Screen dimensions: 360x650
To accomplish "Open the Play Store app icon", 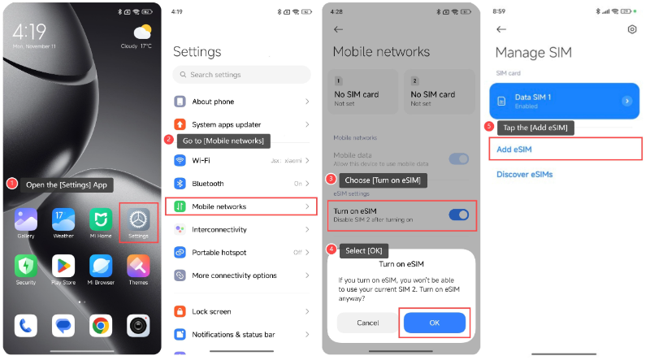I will pyautogui.click(x=63, y=266).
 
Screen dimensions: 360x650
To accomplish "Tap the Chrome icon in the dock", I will pyautogui.click(x=101, y=326).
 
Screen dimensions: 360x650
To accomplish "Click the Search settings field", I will pyautogui.click(x=241, y=75).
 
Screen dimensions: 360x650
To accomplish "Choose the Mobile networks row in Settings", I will pyautogui.click(x=241, y=206).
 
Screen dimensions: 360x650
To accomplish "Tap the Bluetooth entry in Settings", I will pyautogui.click(x=241, y=184).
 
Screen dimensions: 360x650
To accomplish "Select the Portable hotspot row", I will pyautogui.click(x=241, y=253).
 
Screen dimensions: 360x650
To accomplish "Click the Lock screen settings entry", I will pyautogui.click(x=241, y=311).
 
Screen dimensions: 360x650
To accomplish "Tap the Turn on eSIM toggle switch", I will pyautogui.click(x=458, y=215).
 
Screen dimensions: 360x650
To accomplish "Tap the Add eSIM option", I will pyautogui.click(x=564, y=149).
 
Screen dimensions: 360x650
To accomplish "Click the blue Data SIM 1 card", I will pyautogui.click(x=564, y=101).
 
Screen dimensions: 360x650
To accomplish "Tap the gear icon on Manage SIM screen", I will pyautogui.click(x=632, y=29).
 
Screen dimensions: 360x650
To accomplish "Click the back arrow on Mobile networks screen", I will pyautogui.click(x=339, y=29).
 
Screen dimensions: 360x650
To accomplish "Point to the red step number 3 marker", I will pyautogui.click(x=330, y=179).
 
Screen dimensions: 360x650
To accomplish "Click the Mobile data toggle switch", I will pyautogui.click(x=458, y=158).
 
